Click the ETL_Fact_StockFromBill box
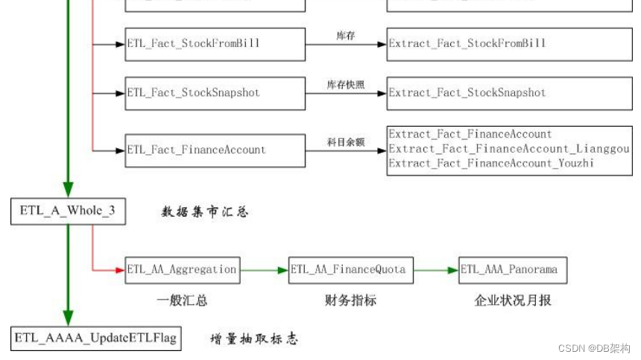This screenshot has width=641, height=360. pos(215,43)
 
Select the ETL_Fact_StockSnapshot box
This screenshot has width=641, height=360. pos(215,93)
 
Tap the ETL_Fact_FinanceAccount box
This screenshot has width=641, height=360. pos(215,150)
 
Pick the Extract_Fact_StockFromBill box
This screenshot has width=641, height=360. pos(508,43)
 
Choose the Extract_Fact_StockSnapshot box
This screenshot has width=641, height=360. pos(508,93)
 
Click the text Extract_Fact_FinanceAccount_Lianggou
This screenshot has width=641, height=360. pos(508,149)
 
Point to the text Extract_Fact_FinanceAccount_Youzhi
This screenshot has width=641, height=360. pos(491,162)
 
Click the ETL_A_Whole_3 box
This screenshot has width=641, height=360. pos(68,211)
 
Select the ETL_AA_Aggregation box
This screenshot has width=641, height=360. pos(183,269)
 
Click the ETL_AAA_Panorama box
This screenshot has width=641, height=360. pos(514,269)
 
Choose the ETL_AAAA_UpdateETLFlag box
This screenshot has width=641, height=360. pos(95,338)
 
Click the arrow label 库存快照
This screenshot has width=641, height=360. pos(346,85)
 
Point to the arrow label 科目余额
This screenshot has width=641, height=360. pos(346,142)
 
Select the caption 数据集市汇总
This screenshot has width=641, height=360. pos(205,212)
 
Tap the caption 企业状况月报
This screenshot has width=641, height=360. pos(513,300)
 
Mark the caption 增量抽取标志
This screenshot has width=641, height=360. pos(253,339)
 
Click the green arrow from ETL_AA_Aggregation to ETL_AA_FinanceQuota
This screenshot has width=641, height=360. pos(265,269)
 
